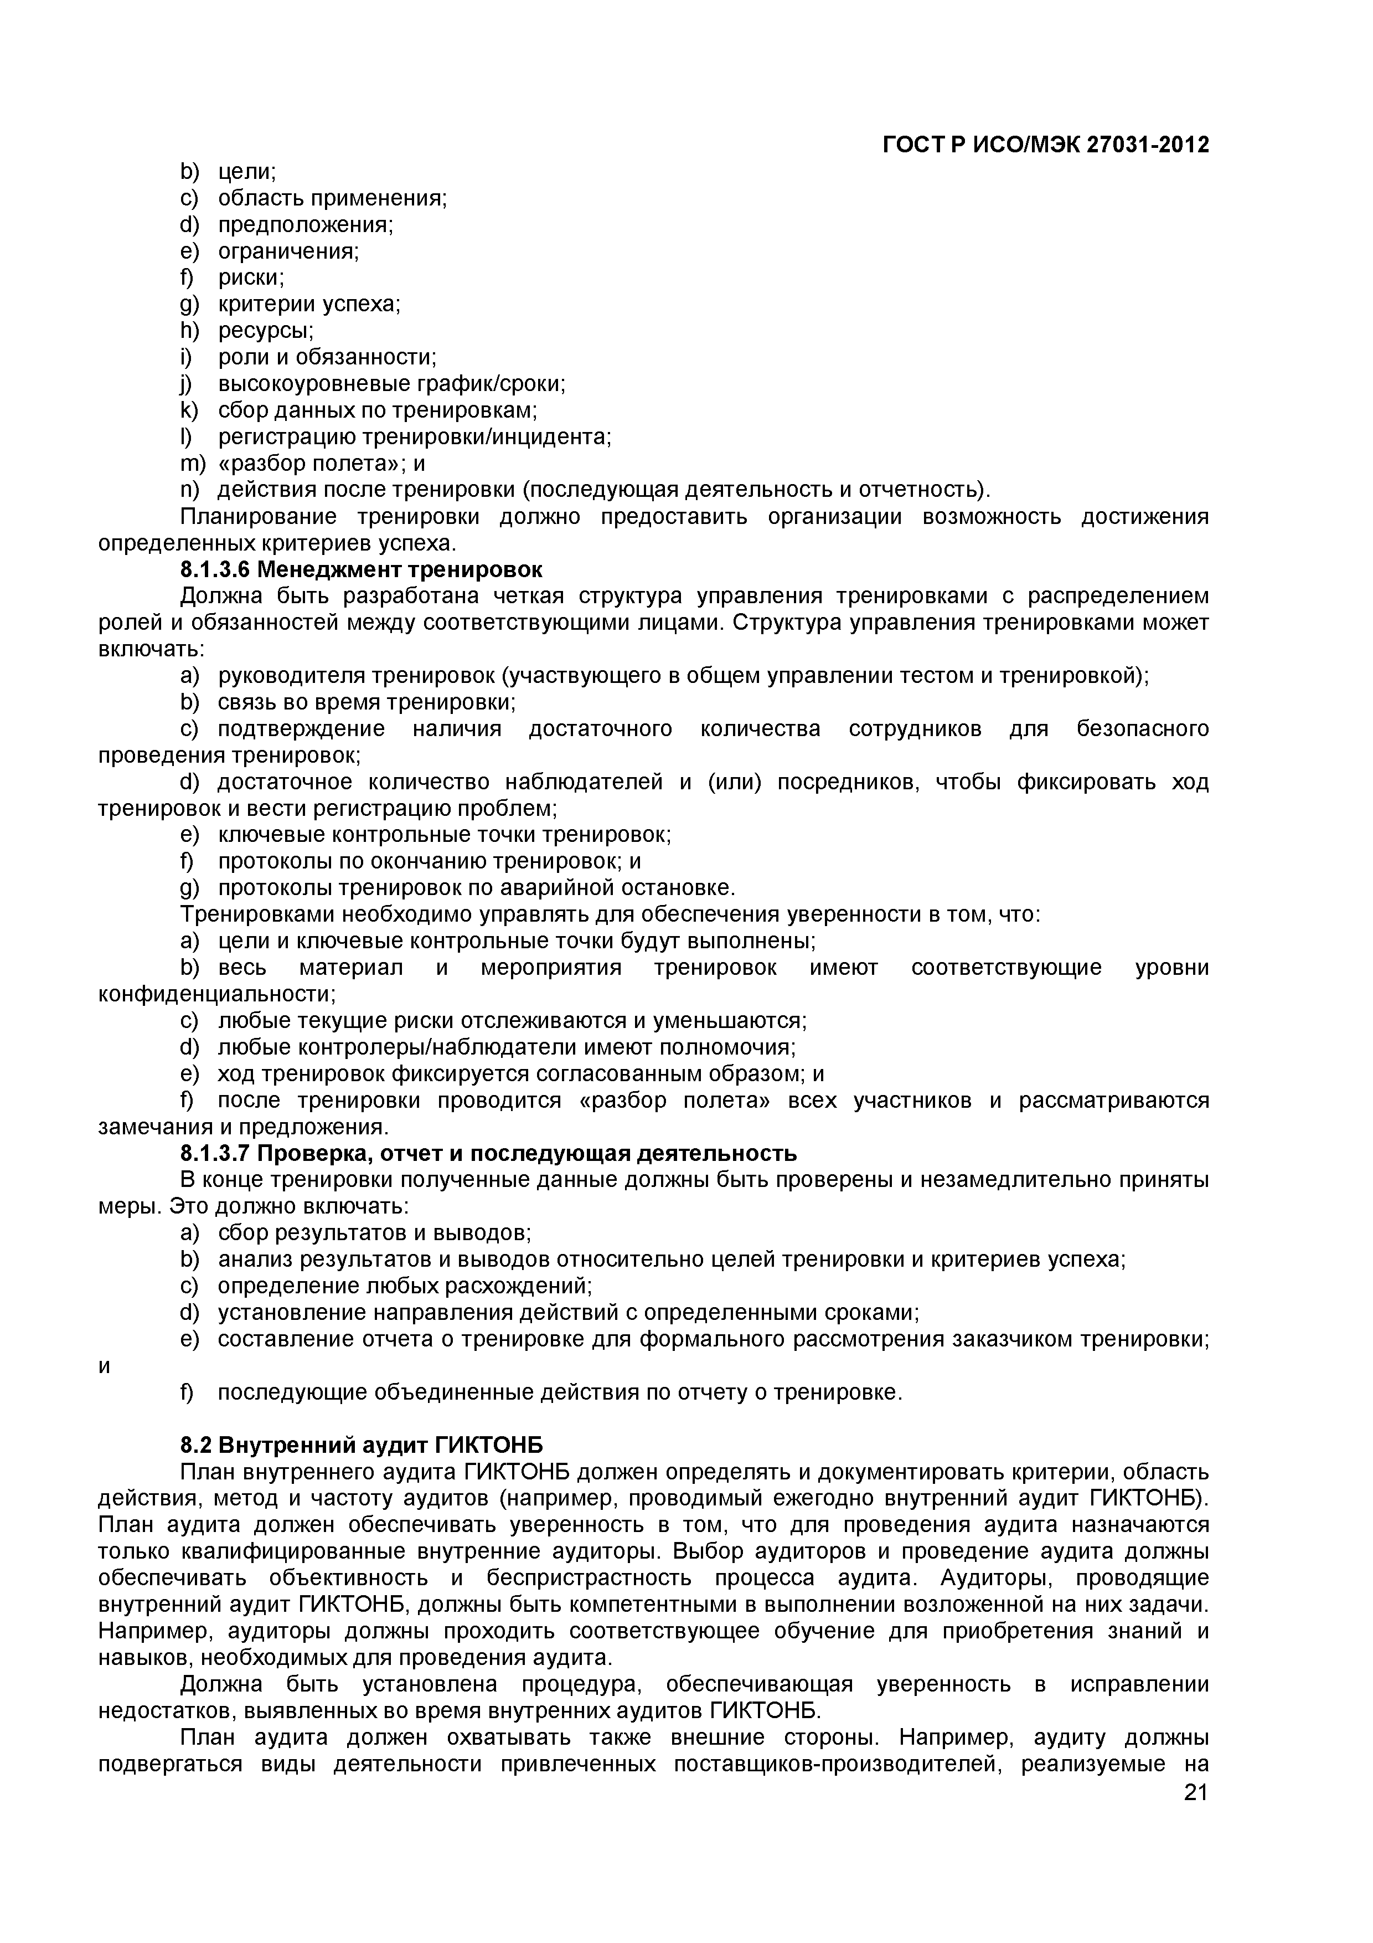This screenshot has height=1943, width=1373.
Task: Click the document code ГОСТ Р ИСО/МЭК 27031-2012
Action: point(1046,146)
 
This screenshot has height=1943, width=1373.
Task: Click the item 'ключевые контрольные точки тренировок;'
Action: point(444,835)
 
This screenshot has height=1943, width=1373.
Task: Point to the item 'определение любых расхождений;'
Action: point(404,1286)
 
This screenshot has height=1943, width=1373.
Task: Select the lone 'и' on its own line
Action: point(105,1367)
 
